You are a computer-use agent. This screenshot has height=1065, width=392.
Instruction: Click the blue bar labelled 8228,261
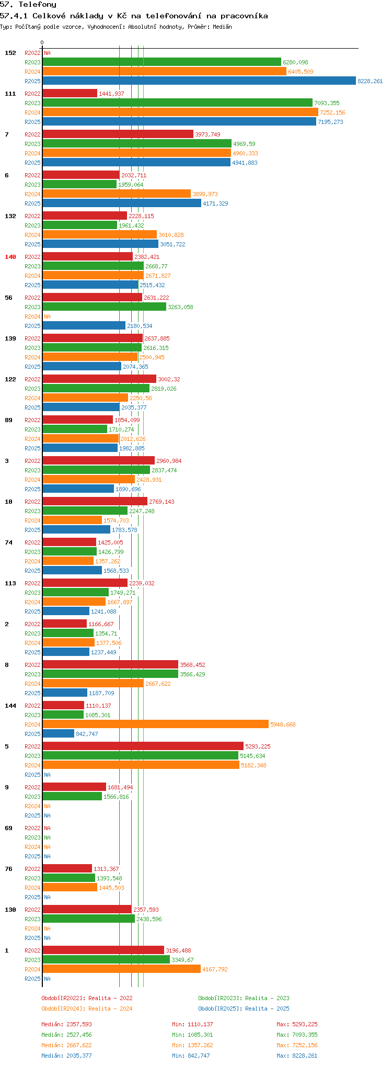(x=199, y=81)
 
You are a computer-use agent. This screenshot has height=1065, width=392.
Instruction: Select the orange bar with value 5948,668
(x=155, y=724)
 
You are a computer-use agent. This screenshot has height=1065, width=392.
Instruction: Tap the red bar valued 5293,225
(x=143, y=746)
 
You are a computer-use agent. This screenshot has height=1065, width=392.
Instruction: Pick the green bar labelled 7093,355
(x=177, y=103)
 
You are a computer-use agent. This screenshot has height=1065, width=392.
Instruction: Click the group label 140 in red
(x=10, y=257)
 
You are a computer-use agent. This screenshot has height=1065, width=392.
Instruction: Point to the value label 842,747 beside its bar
(x=87, y=734)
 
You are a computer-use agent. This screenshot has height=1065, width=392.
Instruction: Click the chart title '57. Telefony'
(x=28, y=5)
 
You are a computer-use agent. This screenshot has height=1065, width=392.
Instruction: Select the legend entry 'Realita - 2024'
(x=87, y=1009)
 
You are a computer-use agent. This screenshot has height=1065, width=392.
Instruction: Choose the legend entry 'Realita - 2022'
(x=87, y=998)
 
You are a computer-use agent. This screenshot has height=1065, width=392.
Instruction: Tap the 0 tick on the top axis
(x=42, y=43)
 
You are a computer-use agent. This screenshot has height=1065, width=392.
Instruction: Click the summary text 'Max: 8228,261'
(x=297, y=1056)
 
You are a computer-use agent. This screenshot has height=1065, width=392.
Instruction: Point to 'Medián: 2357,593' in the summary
(x=66, y=1024)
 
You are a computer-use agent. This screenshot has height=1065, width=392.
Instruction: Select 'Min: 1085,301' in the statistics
(x=192, y=1035)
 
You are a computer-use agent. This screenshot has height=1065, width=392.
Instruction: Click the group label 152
(x=10, y=53)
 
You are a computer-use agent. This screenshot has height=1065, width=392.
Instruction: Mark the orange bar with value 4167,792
(x=121, y=969)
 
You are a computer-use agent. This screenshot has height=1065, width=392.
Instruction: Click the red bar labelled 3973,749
(x=118, y=134)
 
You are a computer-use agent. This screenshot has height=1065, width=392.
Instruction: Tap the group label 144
(x=10, y=706)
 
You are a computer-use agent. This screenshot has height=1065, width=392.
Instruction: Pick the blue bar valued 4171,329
(x=121, y=203)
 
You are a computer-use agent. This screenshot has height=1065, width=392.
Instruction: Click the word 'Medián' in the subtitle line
(x=222, y=27)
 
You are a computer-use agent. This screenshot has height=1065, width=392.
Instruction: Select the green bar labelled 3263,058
(x=104, y=307)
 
